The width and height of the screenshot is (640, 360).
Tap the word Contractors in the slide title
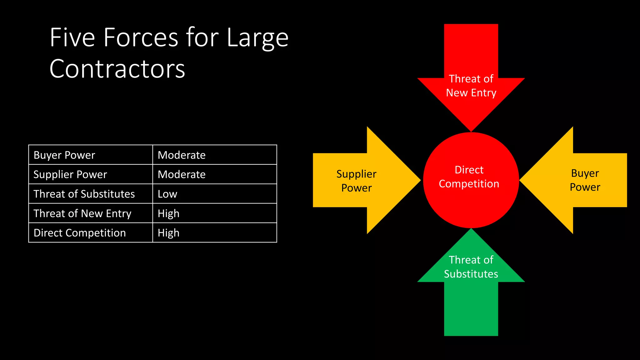point(117,69)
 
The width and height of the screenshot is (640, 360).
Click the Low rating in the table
point(167,194)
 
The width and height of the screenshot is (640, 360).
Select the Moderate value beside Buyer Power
point(182,155)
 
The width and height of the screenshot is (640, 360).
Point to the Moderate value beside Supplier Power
point(182,174)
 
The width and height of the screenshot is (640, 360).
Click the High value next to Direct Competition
point(168,233)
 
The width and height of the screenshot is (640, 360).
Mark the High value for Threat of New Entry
point(168,213)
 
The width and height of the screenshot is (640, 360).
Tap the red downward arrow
point(471,53)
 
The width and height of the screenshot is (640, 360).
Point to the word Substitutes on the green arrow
point(471,274)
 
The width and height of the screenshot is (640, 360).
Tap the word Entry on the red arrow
point(484,93)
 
